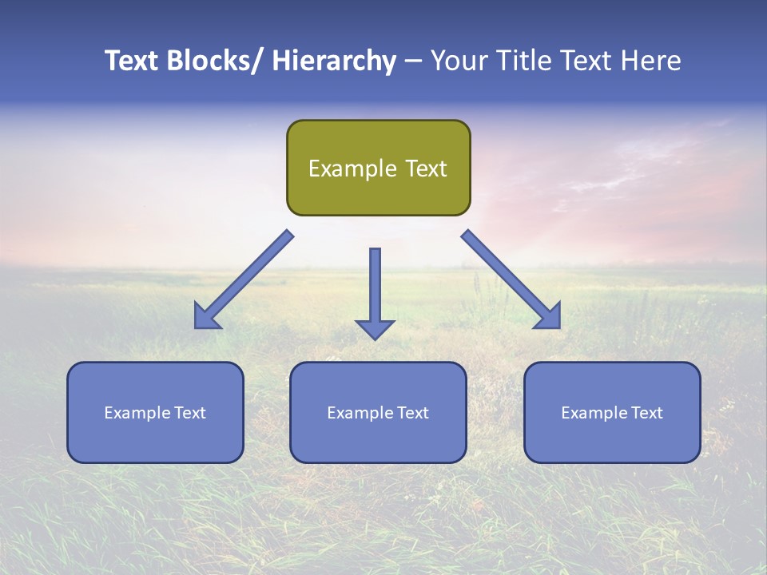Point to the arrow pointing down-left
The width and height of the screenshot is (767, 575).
point(244,280)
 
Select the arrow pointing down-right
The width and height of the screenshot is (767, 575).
point(511,280)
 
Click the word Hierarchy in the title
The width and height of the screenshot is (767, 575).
point(334,61)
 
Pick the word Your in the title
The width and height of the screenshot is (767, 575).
point(459,61)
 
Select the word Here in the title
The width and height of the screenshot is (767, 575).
point(648,61)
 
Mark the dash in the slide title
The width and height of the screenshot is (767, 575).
point(413,61)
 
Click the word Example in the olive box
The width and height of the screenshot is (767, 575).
point(352,169)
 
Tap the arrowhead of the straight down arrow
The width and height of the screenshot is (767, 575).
point(375,329)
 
